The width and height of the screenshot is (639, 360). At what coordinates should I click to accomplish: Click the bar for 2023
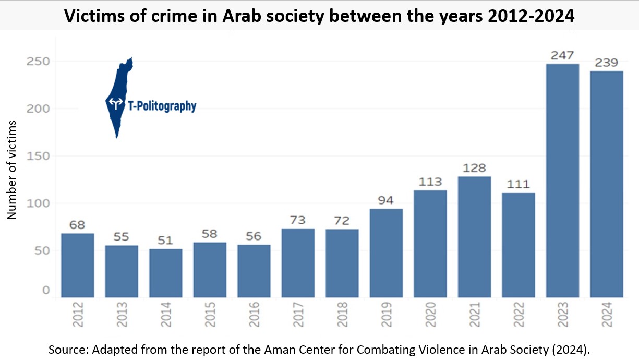pos(562,181)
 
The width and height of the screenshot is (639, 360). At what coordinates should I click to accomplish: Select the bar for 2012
pos(78,266)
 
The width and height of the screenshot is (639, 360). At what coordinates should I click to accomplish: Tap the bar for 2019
pos(386,253)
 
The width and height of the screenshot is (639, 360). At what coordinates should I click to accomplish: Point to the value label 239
pos(607,63)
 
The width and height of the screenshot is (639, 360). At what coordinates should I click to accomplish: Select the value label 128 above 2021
pos(474,169)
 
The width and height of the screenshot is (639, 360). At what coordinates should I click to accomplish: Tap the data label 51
pos(165,241)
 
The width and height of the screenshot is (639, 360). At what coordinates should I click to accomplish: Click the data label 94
pos(386,201)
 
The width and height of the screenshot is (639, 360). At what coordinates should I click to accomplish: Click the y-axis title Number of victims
pos(11,170)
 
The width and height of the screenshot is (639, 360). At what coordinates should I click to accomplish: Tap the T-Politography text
pos(162,106)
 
